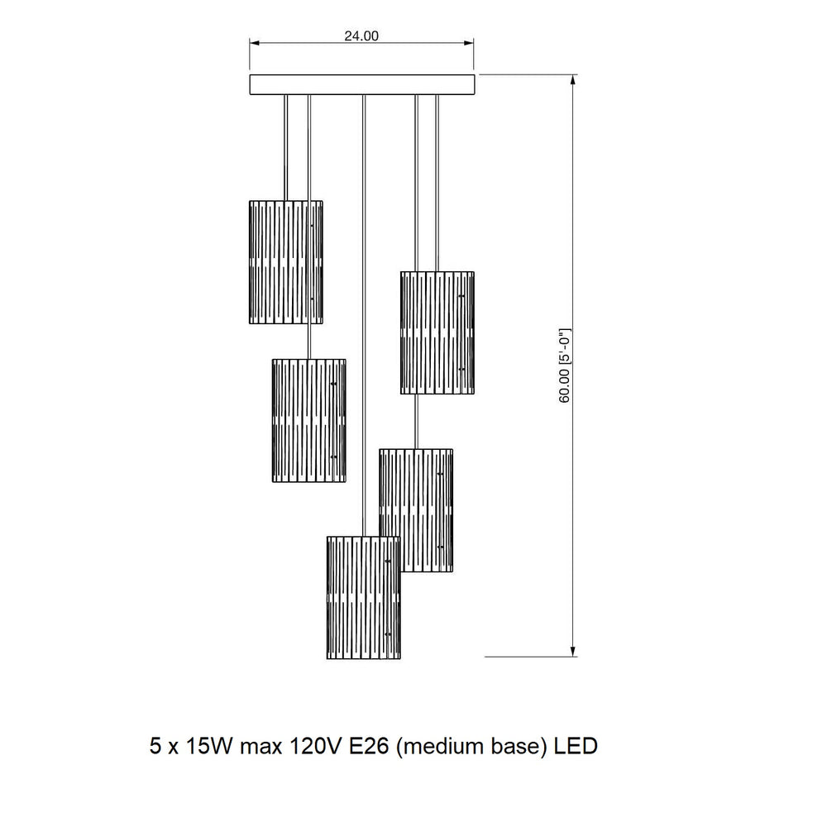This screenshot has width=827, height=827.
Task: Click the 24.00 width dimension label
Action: coord(361,36)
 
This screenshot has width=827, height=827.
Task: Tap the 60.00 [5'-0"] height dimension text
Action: coord(564,366)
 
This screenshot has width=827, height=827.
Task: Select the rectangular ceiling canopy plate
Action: coord(362,84)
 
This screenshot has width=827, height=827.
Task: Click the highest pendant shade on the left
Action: coord(286,262)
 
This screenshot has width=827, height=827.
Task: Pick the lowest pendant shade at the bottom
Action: coord(363,598)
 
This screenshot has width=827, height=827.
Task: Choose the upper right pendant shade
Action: coord(437,332)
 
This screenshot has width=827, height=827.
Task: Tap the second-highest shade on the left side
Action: coord(309,421)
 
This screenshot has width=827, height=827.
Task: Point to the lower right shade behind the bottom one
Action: coord(416,510)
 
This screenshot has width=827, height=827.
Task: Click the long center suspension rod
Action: coord(363,315)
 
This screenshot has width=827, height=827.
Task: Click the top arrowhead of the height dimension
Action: coord(573,79)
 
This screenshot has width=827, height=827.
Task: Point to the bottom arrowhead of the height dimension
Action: coord(573,651)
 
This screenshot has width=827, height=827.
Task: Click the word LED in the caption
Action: coord(576,746)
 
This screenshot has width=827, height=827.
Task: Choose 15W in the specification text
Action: coord(209,746)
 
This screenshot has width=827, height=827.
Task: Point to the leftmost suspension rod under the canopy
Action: coord(286,148)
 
